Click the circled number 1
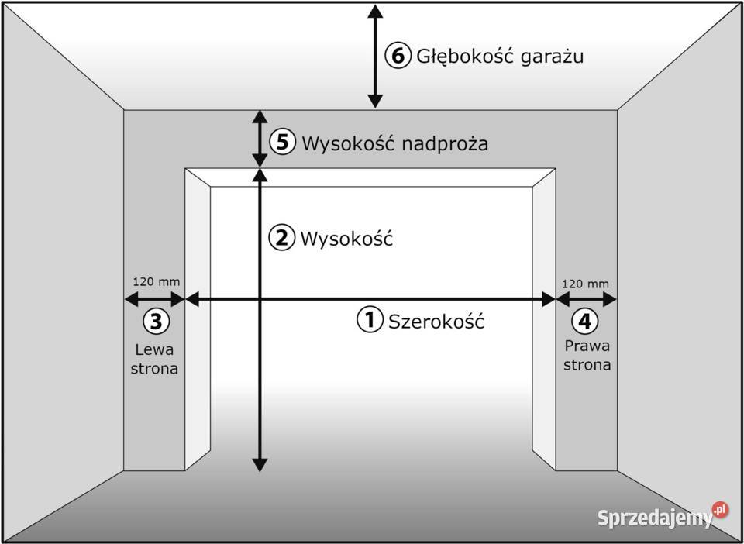370,319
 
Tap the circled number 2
281,238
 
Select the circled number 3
156,320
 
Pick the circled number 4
584,320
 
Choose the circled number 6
398,56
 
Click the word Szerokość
436,321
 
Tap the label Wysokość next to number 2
346,238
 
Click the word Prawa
587,346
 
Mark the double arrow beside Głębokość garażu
375,56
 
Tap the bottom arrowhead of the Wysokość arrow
260,464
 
